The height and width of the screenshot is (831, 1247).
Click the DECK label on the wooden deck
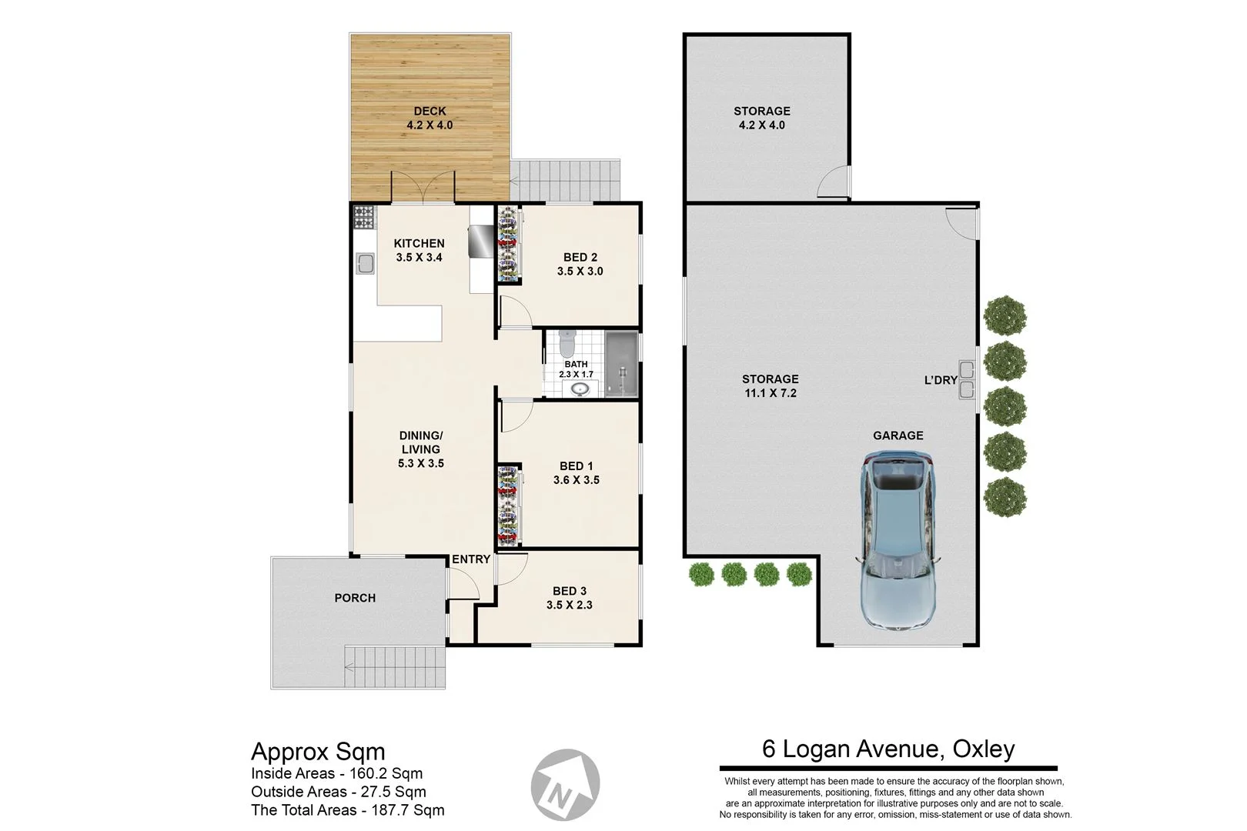click(x=430, y=111)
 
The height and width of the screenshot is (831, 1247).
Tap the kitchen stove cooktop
click(x=363, y=218)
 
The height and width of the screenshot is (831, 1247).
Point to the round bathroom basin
click(x=581, y=389)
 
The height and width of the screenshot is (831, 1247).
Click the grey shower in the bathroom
click(x=621, y=365)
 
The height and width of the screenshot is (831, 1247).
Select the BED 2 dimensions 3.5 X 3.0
click(x=580, y=272)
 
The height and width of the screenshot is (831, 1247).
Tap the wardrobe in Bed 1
click(x=507, y=505)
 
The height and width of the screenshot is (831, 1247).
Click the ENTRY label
click(x=470, y=559)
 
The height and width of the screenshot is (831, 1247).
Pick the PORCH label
click(x=355, y=598)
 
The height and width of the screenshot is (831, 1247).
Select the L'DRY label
click(x=940, y=380)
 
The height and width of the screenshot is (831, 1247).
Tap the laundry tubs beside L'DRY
click(x=966, y=380)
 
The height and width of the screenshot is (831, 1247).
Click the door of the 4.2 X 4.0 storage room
click(x=833, y=182)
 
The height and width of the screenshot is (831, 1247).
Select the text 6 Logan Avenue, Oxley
click(x=888, y=749)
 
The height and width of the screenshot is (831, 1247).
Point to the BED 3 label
click(x=569, y=591)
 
